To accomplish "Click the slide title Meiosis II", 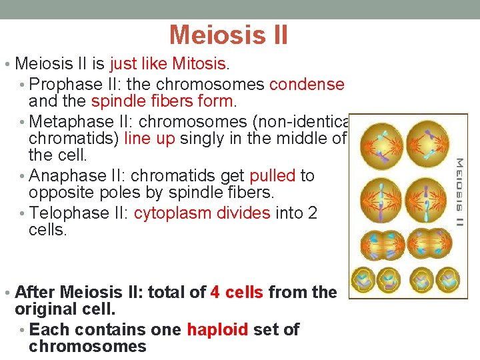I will pos(229,35).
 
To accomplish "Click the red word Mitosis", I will pos(200,64).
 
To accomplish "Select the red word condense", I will pos(307,85).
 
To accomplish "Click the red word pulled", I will pos(272,176).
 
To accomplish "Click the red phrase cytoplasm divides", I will pos(202,213).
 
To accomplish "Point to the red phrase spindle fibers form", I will pos(163,102).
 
